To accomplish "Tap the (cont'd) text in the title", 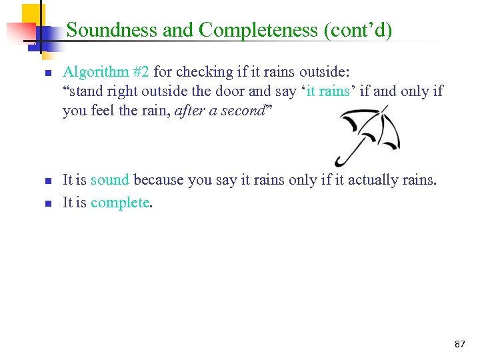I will (x=361, y=30).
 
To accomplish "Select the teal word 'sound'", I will (x=110, y=180).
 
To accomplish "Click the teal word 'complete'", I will (x=120, y=203).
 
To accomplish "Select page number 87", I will (x=460, y=344).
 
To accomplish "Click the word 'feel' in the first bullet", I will (x=102, y=111).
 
